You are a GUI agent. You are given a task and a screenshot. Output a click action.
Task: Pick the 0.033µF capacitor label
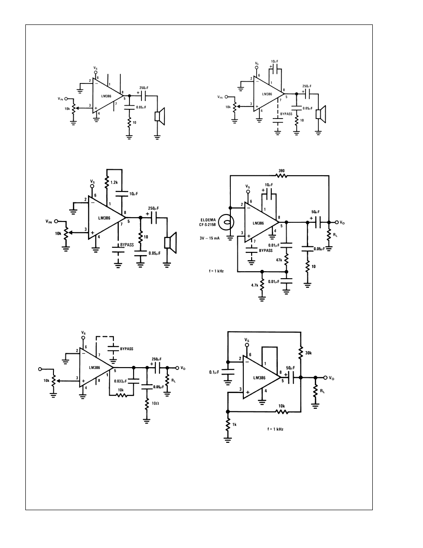(121, 381)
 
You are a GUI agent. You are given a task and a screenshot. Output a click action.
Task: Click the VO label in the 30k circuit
(332, 377)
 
